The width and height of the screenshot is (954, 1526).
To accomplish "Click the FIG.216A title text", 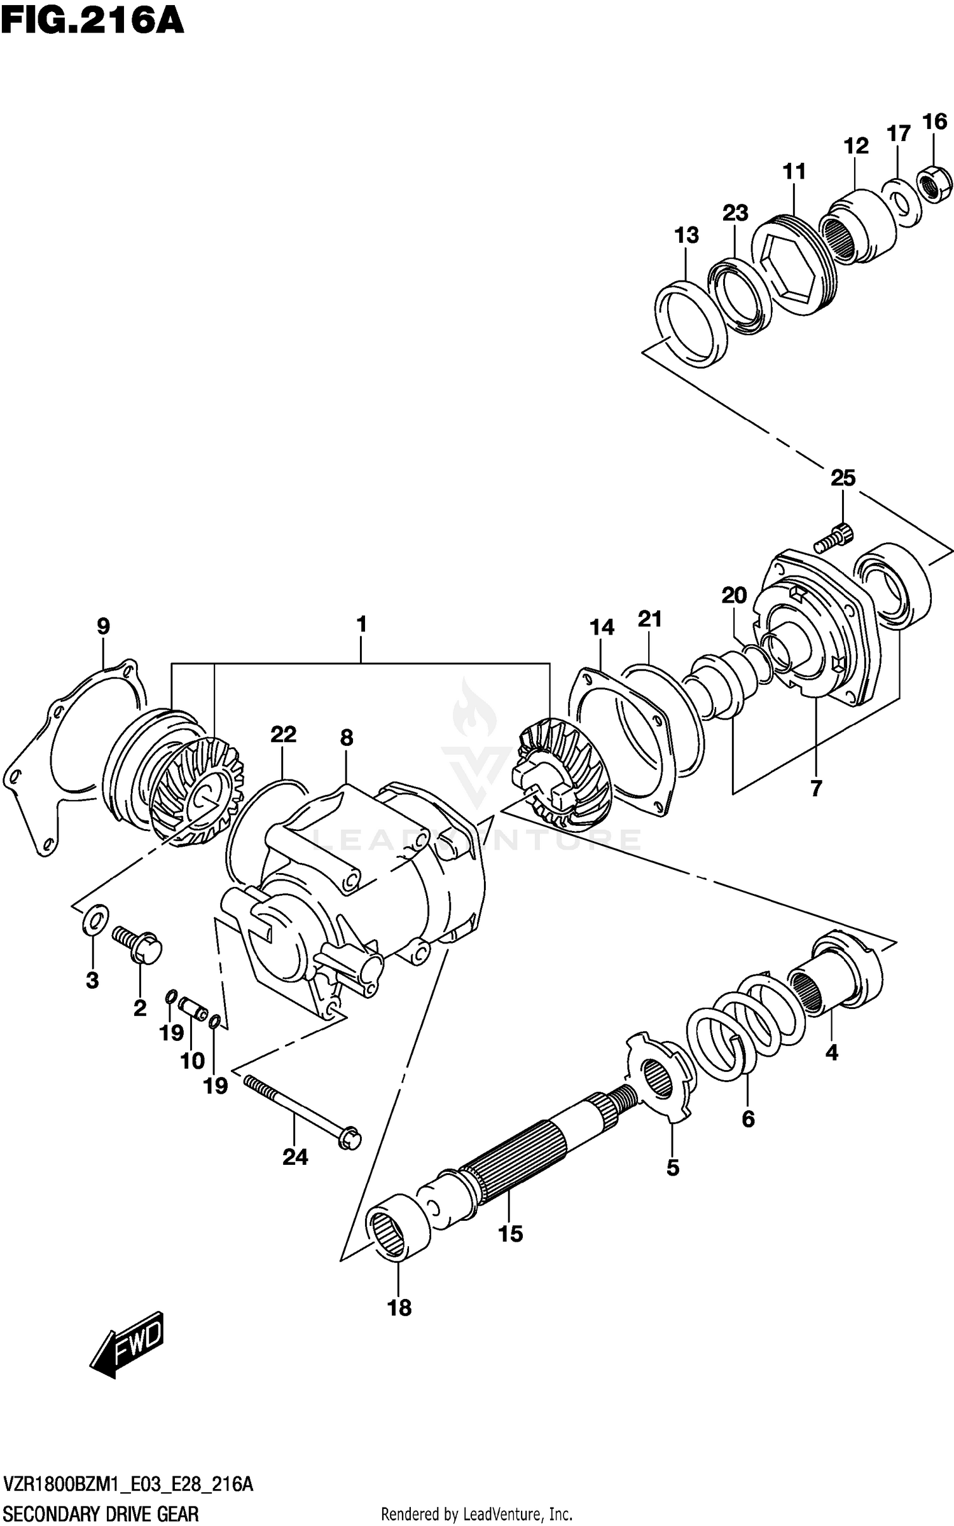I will point(92,20).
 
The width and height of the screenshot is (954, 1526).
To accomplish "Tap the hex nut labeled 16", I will point(934,184).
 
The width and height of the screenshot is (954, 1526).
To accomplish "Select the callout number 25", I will point(843,478).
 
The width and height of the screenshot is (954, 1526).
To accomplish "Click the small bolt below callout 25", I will point(833,537).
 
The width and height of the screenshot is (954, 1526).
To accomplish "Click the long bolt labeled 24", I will point(302,1110).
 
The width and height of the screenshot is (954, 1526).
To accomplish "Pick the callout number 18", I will point(399,1308).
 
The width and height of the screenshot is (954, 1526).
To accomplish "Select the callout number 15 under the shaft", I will point(510,1234).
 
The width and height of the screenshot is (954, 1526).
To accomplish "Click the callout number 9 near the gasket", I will point(103,626).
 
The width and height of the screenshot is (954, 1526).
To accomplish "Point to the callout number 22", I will point(283,735).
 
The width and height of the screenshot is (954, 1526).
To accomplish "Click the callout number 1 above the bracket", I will point(361,624).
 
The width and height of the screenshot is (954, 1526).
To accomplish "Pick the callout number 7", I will point(816,788).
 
